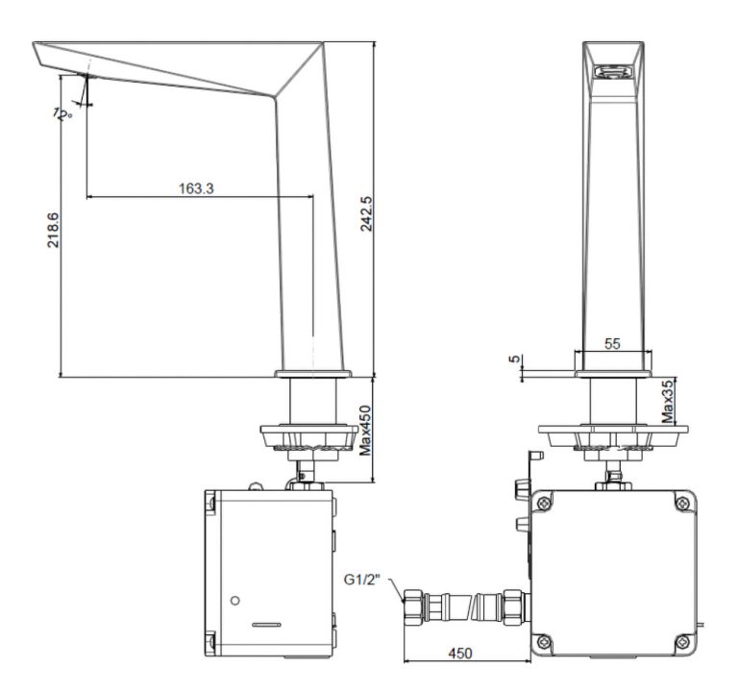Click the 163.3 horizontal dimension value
(196, 188)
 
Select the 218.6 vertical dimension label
(53, 231)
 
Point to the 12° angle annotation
(62, 113)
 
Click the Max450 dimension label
(365, 431)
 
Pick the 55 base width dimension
(611, 343)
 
